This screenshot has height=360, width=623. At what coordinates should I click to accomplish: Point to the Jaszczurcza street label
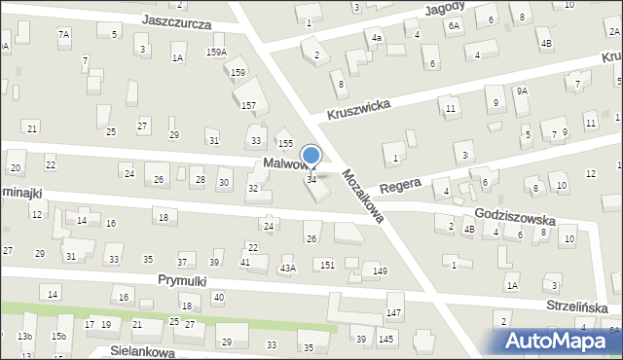[x=176, y=21]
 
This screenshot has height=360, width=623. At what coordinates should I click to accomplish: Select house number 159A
[x=216, y=53]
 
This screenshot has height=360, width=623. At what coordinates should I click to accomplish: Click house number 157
[x=248, y=104]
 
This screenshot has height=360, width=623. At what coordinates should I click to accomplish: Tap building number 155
[x=285, y=143]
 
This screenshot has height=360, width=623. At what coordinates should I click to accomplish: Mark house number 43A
[x=287, y=268]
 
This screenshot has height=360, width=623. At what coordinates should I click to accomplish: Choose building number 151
[x=328, y=265]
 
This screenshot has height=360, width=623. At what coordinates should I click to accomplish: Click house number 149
[x=380, y=270]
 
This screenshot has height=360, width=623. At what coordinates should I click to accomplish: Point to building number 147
[x=393, y=312]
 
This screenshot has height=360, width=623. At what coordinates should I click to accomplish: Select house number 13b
[x=24, y=336]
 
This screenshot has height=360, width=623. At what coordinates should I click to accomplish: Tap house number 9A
[x=522, y=90]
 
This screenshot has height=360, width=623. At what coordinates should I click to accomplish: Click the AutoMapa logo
[x=556, y=342]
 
